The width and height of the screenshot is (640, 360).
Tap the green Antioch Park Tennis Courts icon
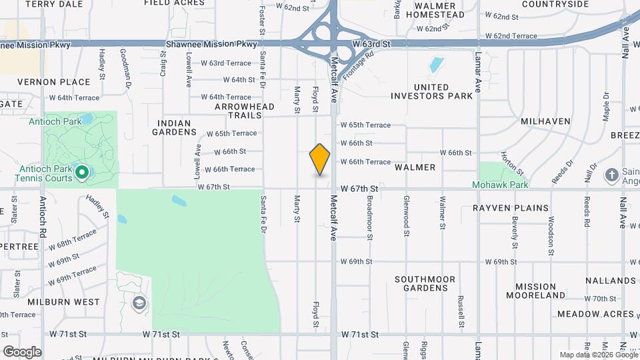pos(83,173)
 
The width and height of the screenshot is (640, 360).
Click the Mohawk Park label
pos(500,184)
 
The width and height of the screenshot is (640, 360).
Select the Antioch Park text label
pos(55,121)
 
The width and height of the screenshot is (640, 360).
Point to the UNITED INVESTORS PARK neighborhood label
pos(431,91)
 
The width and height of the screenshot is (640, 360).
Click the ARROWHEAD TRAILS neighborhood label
pos(245,111)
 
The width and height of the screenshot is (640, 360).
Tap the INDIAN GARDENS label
pos(174,127)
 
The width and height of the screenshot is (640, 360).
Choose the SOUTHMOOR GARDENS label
pos(425,283)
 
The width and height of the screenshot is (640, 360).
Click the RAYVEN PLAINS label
pos(511,208)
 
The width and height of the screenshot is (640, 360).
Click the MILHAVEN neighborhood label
pos(545,121)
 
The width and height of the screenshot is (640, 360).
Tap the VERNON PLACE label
pos(53,82)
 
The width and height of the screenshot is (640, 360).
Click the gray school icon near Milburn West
pos(139,304)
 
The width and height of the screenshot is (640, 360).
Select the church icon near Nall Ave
pos(611,175)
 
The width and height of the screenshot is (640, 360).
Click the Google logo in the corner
pos(21,351)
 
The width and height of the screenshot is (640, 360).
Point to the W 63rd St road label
pos(371,43)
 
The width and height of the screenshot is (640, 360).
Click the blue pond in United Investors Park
pos(436,65)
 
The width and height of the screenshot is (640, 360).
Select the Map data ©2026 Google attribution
pos(598,355)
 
